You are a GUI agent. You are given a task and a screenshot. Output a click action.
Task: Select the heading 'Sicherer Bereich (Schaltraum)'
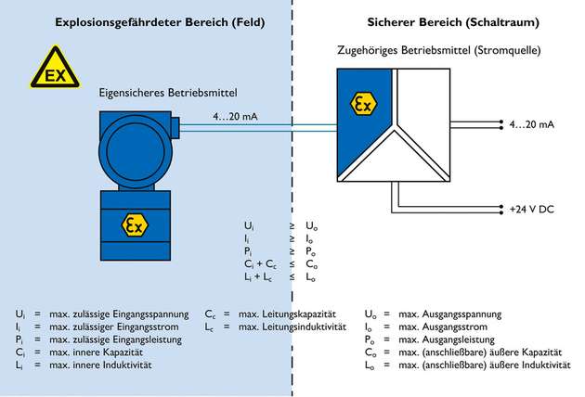point(440,20)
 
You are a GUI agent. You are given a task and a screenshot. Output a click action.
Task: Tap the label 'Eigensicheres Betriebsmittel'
point(168,93)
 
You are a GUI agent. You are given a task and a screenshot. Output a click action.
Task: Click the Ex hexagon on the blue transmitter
point(136,225)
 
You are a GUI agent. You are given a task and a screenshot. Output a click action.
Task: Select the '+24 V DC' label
point(532,208)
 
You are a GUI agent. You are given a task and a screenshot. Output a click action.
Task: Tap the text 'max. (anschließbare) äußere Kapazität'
point(488,353)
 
